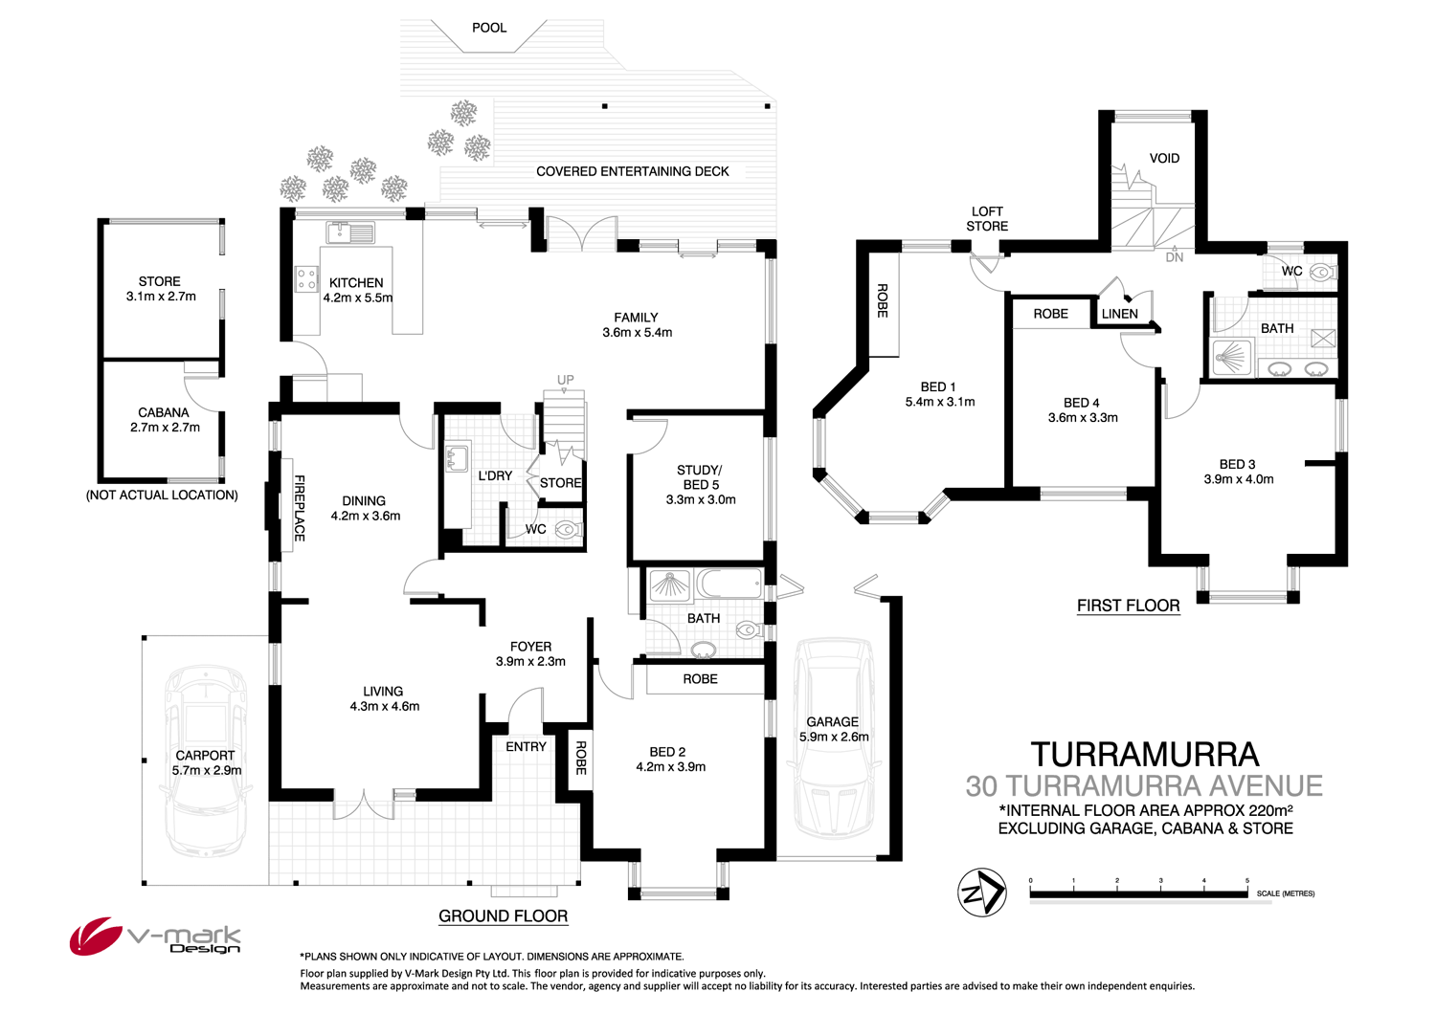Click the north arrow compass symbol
[981, 893]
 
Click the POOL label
[489, 28]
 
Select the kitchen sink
[350, 231]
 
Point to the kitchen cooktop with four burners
[306, 278]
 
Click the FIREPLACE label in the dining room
[299, 508]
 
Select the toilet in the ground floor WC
[568, 529]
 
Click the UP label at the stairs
[566, 380]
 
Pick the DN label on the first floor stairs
[1175, 257]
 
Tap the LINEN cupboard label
[1119, 314]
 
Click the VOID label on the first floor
[1164, 159]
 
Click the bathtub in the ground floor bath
[729, 583]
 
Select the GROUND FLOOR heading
[503, 916]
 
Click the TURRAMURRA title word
[1144, 755]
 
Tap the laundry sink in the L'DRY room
[457, 458]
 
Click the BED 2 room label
[667, 752]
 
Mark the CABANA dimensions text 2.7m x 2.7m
[165, 428]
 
